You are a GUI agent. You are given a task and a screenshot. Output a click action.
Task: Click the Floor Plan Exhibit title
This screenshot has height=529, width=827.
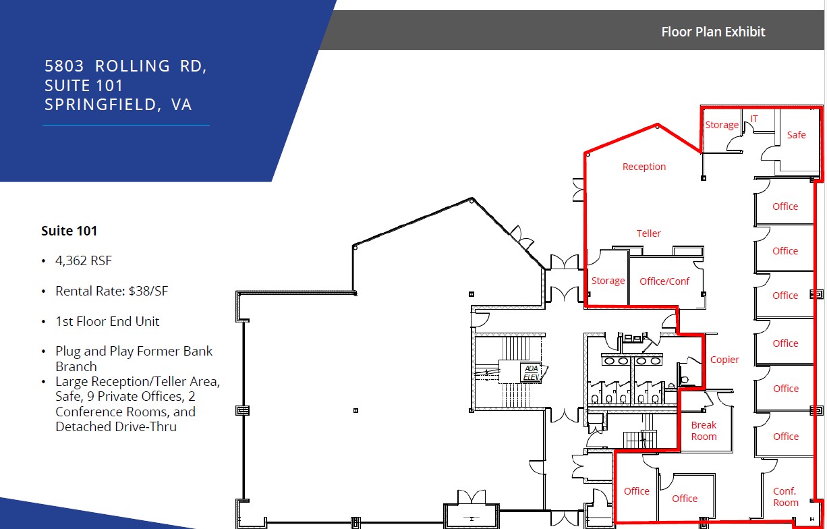pos(713,32)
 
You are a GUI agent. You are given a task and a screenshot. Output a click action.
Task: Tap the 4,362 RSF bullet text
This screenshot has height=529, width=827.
pos(84,261)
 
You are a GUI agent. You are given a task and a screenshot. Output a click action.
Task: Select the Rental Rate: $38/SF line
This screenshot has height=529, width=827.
pos(111,291)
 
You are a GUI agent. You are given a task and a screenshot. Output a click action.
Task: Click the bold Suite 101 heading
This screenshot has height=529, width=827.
pos(69,231)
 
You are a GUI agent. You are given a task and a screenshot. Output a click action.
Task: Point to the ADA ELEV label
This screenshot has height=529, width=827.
pos(532,372)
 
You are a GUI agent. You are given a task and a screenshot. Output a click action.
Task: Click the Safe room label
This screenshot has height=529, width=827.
pos(797,135)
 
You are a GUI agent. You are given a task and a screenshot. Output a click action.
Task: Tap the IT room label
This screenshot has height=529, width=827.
pos(754,119)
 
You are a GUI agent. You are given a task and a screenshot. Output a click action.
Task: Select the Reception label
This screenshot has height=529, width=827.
pos(644,167)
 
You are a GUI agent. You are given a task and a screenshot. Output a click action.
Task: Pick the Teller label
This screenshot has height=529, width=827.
pos(648,233)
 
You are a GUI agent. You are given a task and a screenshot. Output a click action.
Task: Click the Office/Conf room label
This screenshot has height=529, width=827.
pos(664,281)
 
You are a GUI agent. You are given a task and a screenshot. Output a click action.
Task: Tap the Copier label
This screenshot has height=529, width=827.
pos(724,360)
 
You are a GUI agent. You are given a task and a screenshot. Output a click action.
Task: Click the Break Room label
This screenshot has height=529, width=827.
pos(704,430)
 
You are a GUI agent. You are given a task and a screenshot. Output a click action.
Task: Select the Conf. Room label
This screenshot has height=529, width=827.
pos(786,497)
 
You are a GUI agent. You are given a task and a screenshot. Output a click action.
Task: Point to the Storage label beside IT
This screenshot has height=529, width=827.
pos(722,126)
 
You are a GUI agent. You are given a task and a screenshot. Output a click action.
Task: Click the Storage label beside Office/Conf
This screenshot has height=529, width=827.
pos(608,281)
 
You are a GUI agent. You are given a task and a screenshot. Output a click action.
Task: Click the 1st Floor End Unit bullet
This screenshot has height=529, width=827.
pos(107,321)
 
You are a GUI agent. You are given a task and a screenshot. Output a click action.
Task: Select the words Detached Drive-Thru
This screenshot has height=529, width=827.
pos(116,426)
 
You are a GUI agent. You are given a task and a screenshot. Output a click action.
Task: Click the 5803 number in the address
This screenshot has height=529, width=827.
pos(64,66)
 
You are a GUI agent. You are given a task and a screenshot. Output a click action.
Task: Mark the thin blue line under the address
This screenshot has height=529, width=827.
pos(126,126)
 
